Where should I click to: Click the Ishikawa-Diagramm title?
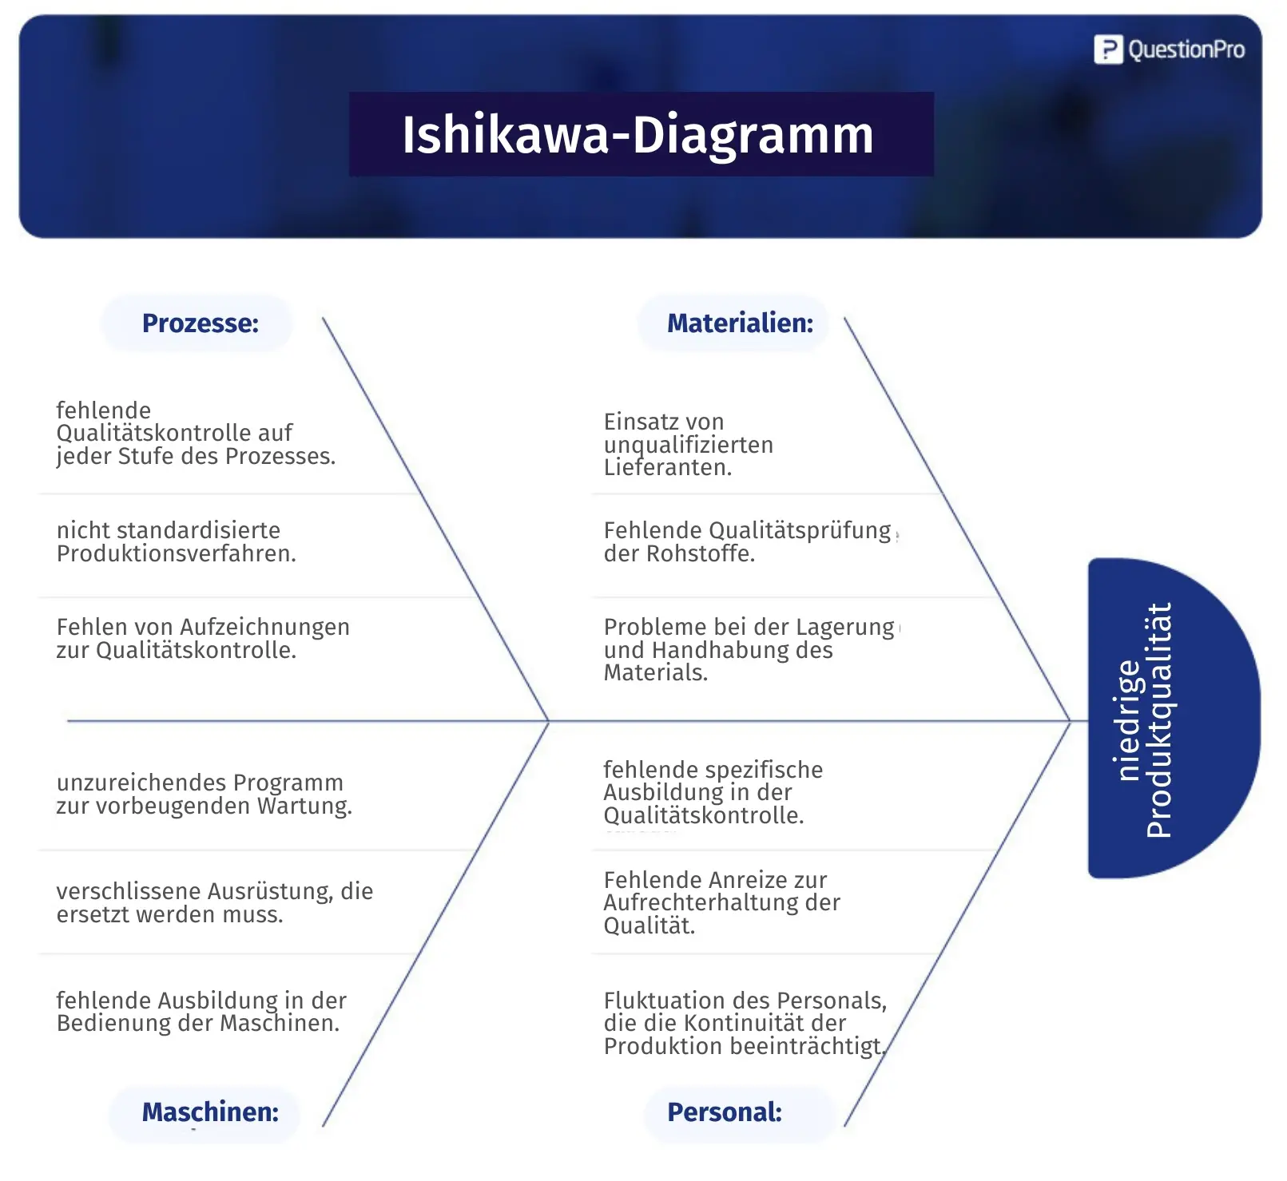638,135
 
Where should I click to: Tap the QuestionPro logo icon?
1108,50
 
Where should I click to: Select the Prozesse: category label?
201,323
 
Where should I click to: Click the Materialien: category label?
740,323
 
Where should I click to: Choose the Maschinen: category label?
210,1112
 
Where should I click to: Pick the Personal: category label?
725,1112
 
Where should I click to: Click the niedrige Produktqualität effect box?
1174,719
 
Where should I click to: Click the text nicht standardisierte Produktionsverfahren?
177,541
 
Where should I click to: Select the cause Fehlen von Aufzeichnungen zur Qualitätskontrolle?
203,638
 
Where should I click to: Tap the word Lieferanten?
668,467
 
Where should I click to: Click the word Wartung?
304,806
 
